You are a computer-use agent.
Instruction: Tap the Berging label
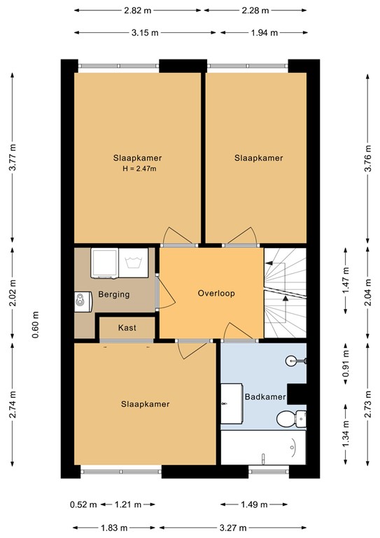(x=113, y=295)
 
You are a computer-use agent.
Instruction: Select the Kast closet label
(x=127, y=328)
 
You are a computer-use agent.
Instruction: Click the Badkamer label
(x=265, y=397)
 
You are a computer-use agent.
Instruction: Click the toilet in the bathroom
(x=289, y=419)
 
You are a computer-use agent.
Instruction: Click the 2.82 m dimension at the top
(x=138, y=11)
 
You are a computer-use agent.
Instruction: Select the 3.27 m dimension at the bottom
(x=236, y=527)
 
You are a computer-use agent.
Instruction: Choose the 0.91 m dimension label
(x=345, y=368)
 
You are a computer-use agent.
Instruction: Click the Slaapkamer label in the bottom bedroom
(x=146, y=404)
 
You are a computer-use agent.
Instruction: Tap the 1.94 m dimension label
(x=263, y=32)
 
